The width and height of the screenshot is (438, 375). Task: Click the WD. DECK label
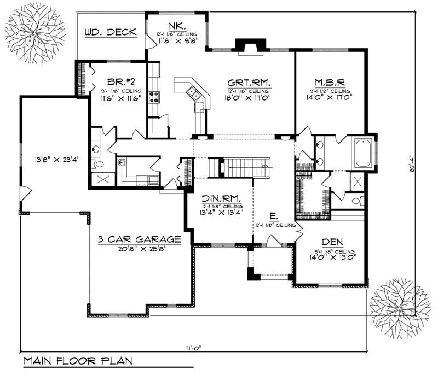tap(111, 32)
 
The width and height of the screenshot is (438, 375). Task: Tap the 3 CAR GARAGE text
tap(139, 239)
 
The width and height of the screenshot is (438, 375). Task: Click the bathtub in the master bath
tap(363, 153)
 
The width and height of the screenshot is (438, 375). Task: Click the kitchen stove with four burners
tap(154, 97)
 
